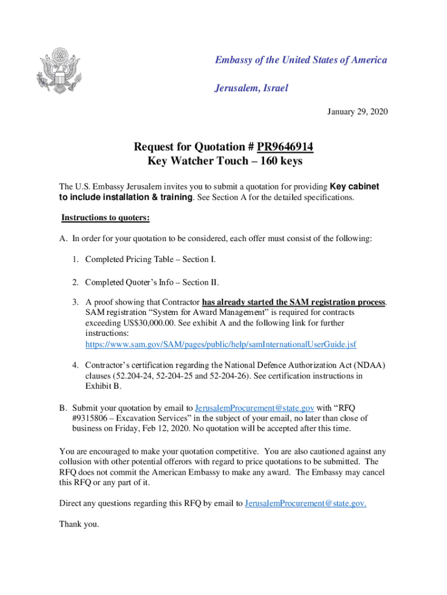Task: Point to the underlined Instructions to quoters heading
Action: [x=106, y=218]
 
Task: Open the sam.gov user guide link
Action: [x=221, y=345]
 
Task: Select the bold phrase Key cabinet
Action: [x=354, y=187]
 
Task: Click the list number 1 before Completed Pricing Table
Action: [x=75, y=259]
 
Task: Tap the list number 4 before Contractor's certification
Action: [x=75, y=365]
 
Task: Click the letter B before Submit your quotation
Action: [x=63, y=407]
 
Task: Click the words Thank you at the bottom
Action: [x=79, y=524]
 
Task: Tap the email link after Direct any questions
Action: [x=305, y=503]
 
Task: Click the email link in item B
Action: [x=255, y=407]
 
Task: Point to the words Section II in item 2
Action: [x=200, y=282]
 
